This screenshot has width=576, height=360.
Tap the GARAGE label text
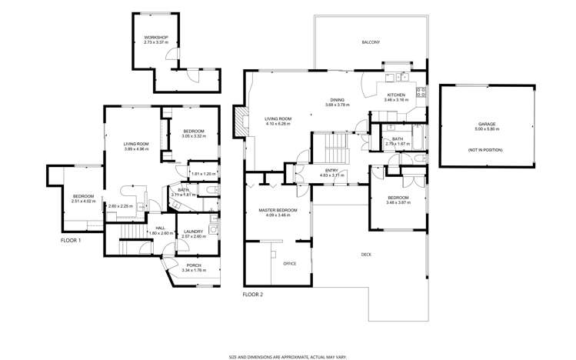486,124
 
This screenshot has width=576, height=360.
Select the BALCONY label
371,42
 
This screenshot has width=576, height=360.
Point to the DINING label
337,100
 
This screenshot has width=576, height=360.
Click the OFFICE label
290,264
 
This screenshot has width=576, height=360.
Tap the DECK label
367,255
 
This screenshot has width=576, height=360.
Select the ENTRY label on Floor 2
331,170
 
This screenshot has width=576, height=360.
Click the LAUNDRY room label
192,231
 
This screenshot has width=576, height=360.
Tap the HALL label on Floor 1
161,228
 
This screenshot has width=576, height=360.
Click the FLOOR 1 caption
71,241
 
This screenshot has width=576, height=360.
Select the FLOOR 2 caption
253,295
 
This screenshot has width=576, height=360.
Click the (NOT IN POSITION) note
486,149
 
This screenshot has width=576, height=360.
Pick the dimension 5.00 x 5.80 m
486,129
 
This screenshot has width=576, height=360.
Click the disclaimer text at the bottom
288,356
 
